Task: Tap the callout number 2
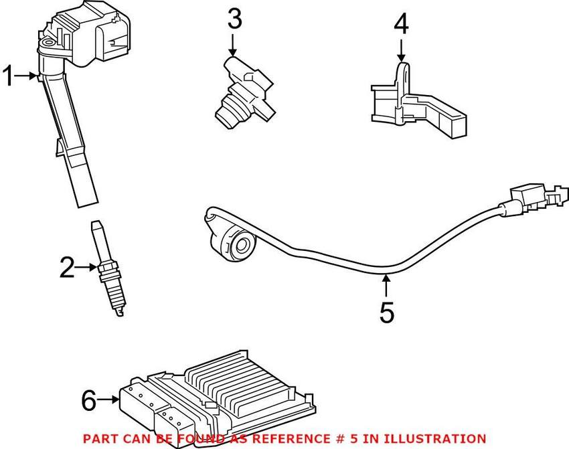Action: pos(67,268)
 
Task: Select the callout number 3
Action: pos(234,20)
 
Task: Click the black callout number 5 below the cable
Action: pos(387,312)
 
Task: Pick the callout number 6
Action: pos(89,401)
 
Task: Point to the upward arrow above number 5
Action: pos(386,286)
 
